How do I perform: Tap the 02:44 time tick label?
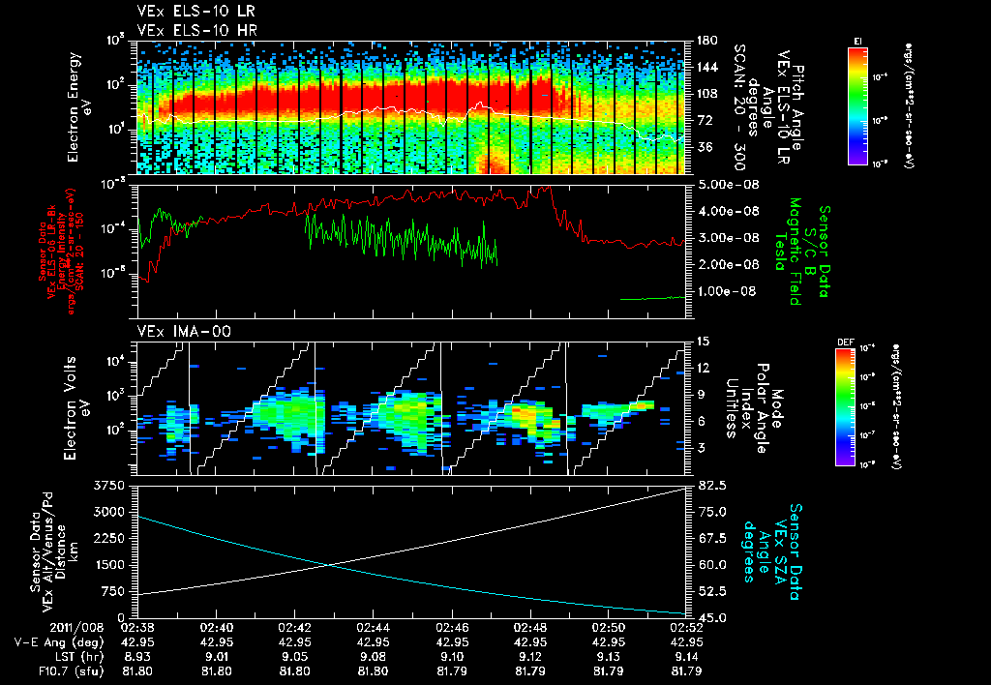pos(373,627)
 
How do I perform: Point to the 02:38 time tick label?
pos(137,627)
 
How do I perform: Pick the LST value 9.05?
pos(294,655)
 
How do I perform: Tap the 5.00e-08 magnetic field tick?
pos(728,184)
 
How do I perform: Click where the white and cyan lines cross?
pos(329,566)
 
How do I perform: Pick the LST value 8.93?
pos(137,655)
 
